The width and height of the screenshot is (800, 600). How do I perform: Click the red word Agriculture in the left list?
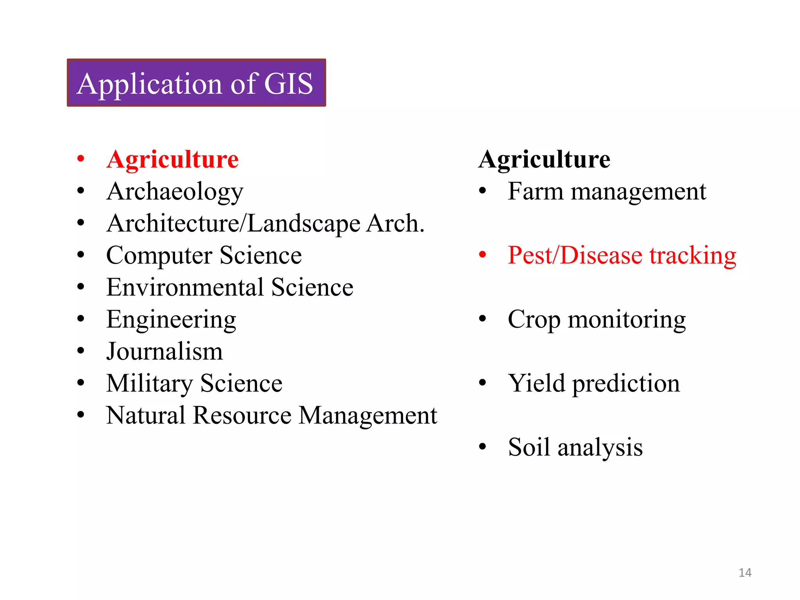click(172, 159)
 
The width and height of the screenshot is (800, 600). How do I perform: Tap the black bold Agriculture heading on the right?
click(544, 159)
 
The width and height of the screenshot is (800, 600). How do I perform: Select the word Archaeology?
click(175, 192)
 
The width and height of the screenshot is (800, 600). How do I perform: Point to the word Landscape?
click(304, 224)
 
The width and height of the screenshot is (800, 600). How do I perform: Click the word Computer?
click(159, 256)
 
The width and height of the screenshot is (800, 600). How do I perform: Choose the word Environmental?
click(185, 287)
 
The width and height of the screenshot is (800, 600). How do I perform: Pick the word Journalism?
click(164, 351)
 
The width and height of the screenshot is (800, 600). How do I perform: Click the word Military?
click(149, 384)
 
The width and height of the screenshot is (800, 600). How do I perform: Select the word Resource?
click(242, 415)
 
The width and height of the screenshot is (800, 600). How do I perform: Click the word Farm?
click(535, 191)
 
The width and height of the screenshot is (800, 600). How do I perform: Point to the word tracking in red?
click(693, 256)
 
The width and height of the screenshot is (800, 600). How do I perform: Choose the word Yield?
click(536, 383)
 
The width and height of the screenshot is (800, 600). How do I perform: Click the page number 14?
click(745, 573)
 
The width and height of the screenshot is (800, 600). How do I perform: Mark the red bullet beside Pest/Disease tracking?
click(482, 255)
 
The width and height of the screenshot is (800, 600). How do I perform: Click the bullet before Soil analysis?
click(482, 446)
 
